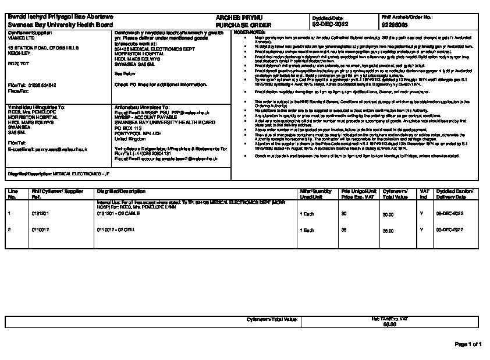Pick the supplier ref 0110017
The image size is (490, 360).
pos(40,230)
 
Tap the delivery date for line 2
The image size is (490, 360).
pos(450,230)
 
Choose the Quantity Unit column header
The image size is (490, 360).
pos(315,194)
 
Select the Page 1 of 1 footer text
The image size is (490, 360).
pos(468,344)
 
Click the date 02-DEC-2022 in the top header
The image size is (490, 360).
pos(330,25)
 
